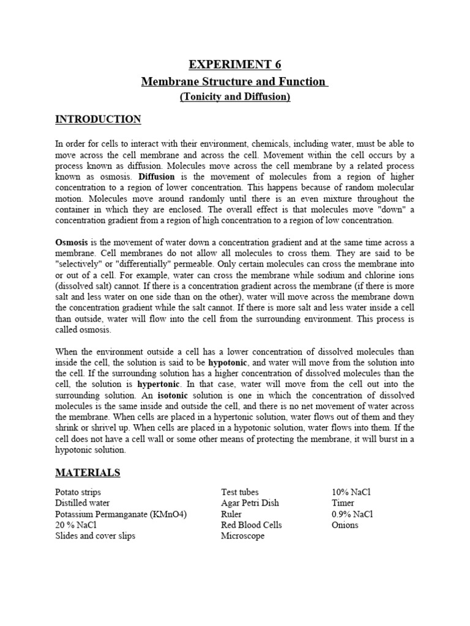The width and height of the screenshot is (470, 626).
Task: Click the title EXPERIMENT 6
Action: click(234, 65)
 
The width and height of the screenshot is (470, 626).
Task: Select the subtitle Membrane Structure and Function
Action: click(234, 81)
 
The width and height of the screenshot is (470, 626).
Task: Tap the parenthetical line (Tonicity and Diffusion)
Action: click(234, 97)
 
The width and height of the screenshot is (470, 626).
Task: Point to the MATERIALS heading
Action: click(88, 473)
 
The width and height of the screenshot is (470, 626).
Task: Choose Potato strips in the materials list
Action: click(78, 492)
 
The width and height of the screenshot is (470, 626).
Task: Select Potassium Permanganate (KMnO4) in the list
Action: click(121, 514)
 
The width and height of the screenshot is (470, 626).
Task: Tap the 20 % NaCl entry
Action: click(76, 525)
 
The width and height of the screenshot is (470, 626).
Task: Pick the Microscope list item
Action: click(243, 536)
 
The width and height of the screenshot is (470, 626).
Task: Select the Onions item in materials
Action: click(345, 525)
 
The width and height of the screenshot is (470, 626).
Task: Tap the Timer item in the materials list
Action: click(343, 503)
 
